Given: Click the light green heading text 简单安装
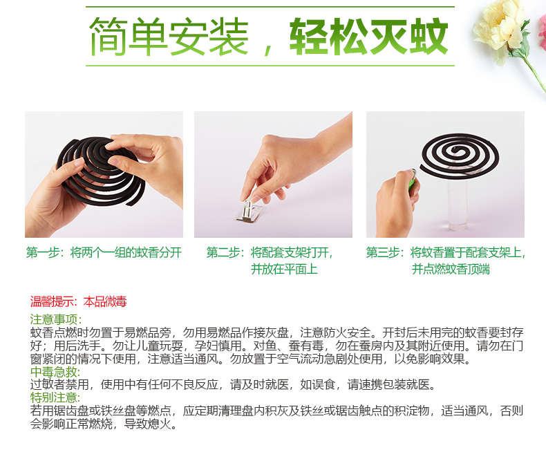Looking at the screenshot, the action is click(x=169, y=37).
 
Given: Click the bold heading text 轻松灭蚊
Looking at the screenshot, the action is click(x=369, y=37).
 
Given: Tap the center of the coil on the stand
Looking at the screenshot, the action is click(x=457, y=150).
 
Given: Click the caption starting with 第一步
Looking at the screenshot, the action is click(x=104, y=252).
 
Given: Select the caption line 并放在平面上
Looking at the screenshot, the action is click(x=284, y=269).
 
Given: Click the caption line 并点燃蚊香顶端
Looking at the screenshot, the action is click(x=451, y=269).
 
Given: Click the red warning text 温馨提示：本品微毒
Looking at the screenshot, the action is click(x=78, y=301).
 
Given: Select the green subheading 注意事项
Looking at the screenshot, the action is click(x=56, y=319).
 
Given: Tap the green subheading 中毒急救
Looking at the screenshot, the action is click(x=55, y=372).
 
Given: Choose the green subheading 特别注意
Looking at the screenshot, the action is click(x=55, y=397).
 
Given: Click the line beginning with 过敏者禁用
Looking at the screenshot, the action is click(x=233, y=384).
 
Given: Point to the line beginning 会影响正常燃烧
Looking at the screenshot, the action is click(x=104, y=424).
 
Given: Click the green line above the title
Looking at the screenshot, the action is click(x=270, y=7).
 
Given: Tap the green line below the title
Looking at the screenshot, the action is click(x=270, y=65).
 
